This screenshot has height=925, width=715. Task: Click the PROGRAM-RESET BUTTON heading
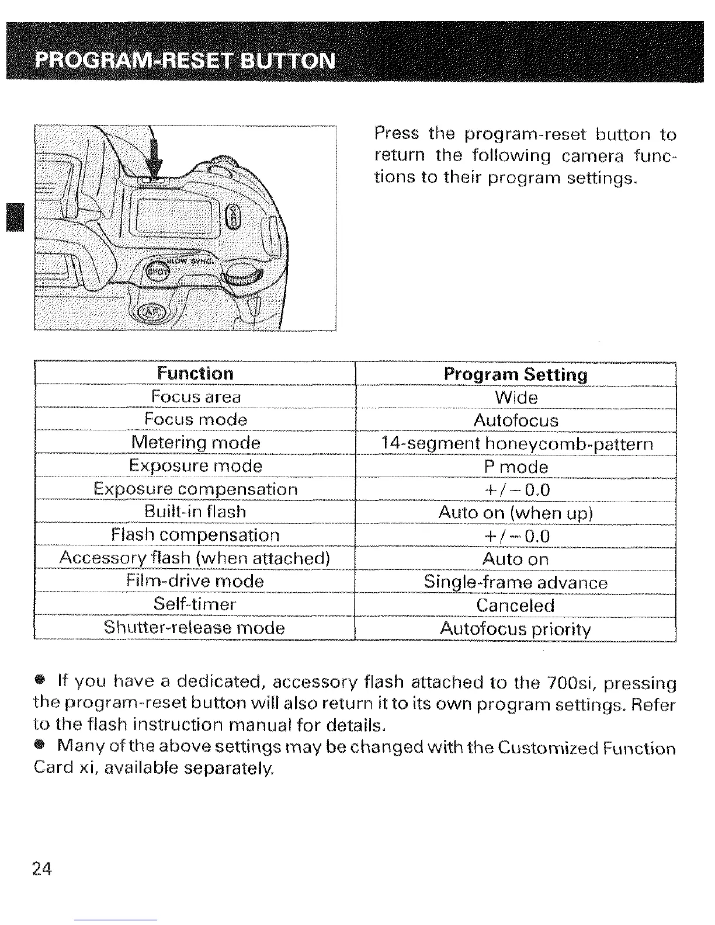[185, 61]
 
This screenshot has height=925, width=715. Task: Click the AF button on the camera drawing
[151, 313]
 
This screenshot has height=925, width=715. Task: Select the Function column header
[195, 374]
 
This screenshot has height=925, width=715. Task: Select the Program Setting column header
[515, 374]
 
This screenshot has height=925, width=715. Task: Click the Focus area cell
[195, 397]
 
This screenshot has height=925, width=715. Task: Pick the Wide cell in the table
[515, 398]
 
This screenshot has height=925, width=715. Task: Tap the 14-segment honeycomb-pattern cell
[515, 444]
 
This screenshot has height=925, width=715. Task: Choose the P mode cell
[515, 467]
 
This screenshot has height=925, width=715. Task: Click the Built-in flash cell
[195, 512]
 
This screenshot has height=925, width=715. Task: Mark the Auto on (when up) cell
[515, 513]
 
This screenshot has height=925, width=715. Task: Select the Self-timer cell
[195, 604]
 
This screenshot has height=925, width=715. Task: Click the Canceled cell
[515, 605]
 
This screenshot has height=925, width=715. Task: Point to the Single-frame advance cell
[515, 582]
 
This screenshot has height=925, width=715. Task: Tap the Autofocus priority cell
[515, 629]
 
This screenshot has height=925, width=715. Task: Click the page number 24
[42, 870]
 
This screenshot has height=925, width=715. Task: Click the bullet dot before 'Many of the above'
[39, 746]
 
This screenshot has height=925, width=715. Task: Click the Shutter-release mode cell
[195, 628]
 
